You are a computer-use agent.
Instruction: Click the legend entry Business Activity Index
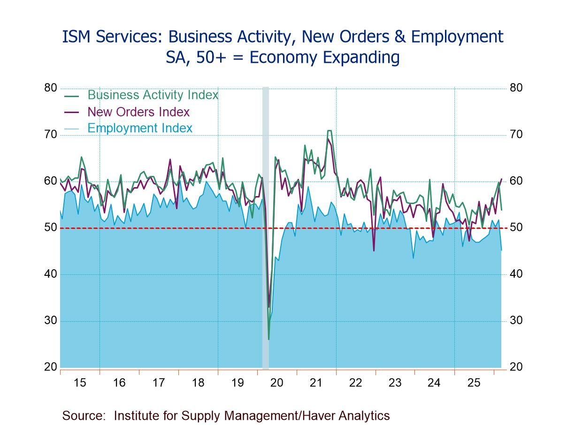pyautogui.click(x=153, y=95)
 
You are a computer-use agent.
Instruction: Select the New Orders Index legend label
pyautogui.click(x=138, y=112)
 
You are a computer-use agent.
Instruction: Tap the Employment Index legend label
pyautogui.click(x=140, y=128)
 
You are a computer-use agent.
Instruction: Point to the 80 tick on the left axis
pyautogui.click(x=51, y=88)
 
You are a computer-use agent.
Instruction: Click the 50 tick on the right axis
pyautogui.click(x=516, y=228)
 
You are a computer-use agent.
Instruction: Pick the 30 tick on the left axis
pyautogui.click(x=51, y=321)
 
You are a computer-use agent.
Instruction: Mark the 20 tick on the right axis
pyautogui.click(x=516, y=367)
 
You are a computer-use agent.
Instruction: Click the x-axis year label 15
pyautogui.click(x=80, y=383)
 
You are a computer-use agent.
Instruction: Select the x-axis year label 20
pyautogui.click(x=277, y=383)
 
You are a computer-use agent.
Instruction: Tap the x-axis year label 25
pyautogui.click(x=474, y=383)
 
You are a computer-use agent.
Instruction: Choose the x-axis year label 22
pyautogui.click(x=356, y=383)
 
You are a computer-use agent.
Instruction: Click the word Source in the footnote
pyautogui.click(x=83, y=416)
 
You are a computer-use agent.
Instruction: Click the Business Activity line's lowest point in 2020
pyautogui.click(x=268, y=339)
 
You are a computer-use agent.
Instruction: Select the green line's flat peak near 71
pyautogui.click(x=329, y=130)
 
